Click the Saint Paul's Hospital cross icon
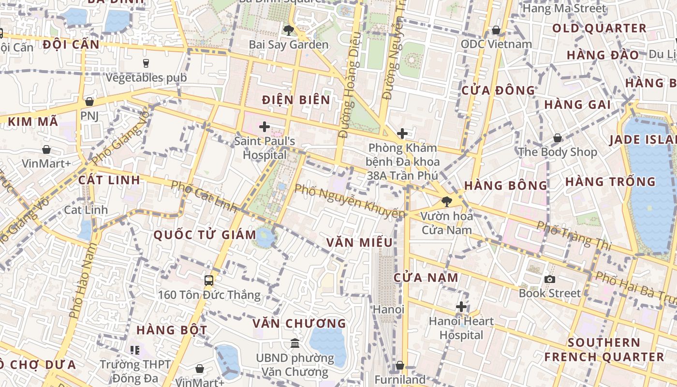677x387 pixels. pos(264,127)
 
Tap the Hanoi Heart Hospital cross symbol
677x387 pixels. pos(461,306)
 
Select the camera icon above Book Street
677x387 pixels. pos(549,279)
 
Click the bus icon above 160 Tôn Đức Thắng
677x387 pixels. pos(209,280)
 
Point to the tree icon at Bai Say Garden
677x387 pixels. pos(289,30)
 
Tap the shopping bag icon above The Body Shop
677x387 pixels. pos(558,138)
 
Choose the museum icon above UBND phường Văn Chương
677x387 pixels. pos(295,343)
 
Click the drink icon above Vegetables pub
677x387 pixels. pos(146,63)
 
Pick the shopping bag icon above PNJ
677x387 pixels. pos(89,102)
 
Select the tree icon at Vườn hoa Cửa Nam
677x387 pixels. pos(446,202)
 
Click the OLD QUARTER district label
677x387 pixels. pos(599,28)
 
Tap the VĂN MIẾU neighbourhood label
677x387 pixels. pos(359,242)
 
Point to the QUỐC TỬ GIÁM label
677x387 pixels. pos(205,235)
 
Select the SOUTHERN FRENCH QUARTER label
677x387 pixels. pos(604,350)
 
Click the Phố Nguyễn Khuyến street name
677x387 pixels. pos(349,201)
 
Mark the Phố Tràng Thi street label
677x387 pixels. pos(574,235)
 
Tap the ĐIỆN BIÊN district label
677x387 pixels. pos(296,100)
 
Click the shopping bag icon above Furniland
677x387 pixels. pos(399,365)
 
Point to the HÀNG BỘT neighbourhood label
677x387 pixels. pos(172,330)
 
